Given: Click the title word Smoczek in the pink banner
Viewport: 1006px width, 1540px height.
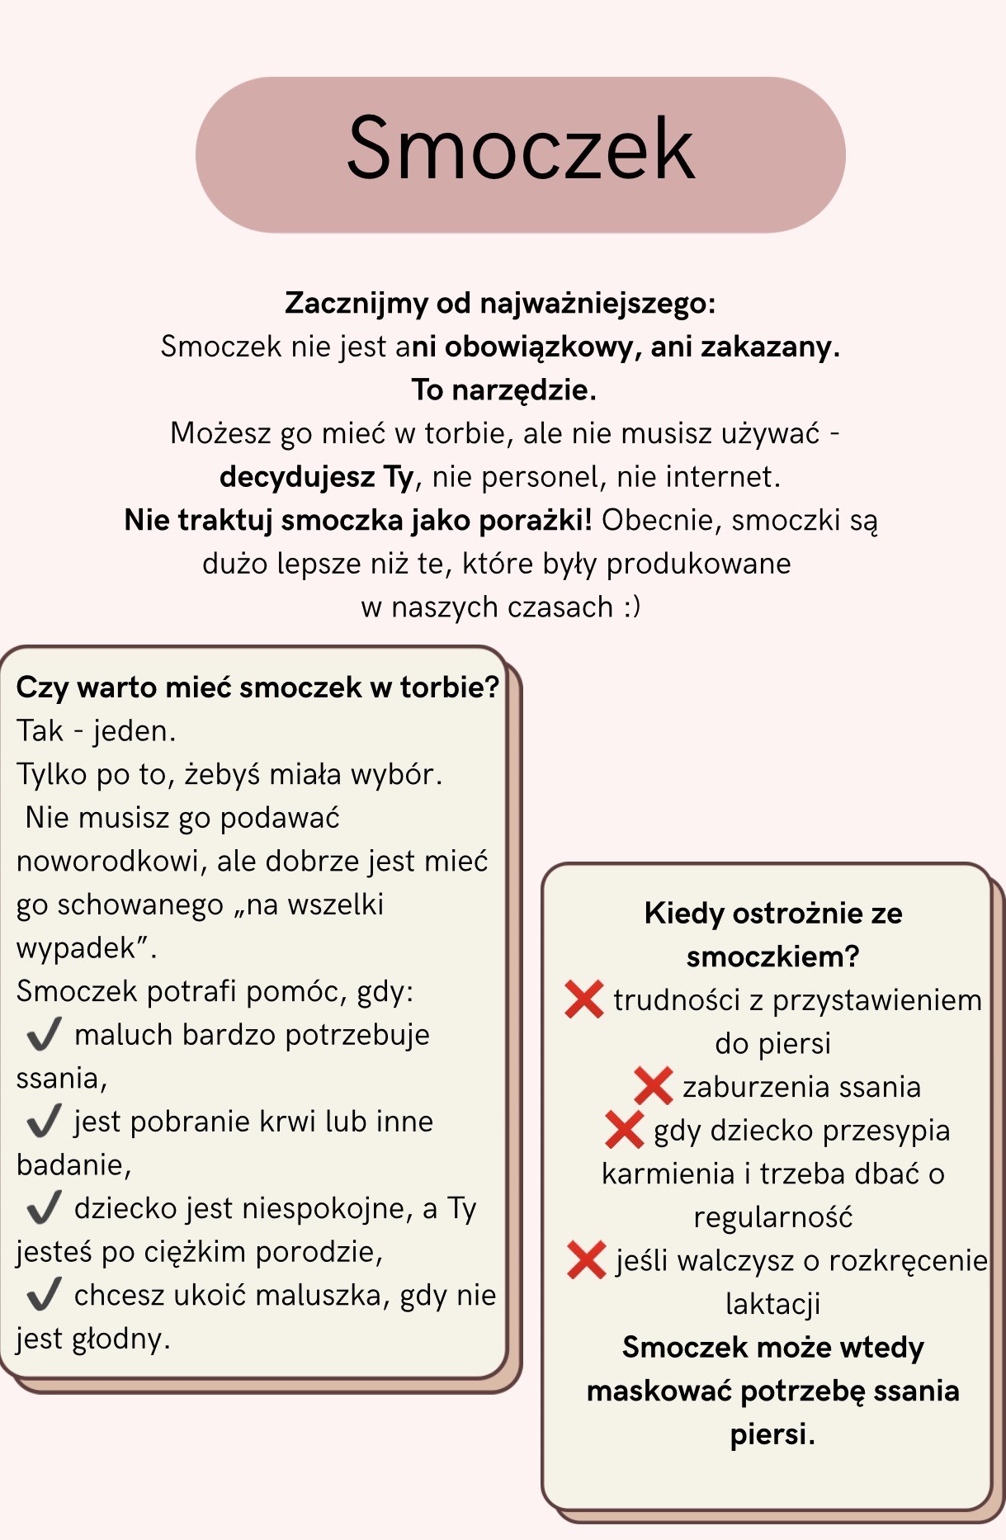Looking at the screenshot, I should [x=521, y=149].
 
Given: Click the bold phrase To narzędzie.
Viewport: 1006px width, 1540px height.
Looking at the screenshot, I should [x=503, y=390].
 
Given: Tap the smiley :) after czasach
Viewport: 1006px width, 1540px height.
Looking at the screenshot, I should [x=631, y=607].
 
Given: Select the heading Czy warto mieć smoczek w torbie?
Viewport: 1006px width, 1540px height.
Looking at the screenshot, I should [x=257, y=687].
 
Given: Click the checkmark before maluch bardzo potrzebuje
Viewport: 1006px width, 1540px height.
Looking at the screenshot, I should [x=45, y=1033].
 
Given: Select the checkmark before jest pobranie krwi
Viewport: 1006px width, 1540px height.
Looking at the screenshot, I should [x=45, y=1120].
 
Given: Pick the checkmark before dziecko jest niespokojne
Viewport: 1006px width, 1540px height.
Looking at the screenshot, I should [x=45, y=1207].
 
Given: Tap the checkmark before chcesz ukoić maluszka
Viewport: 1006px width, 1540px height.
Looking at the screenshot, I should [x=45, y=1293].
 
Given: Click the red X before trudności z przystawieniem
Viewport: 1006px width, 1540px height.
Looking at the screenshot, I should [x=584, y=999].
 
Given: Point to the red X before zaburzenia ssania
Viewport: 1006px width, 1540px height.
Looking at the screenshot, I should [x=653, y=1085].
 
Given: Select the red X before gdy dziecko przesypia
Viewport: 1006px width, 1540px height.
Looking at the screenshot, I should [x=624, y=1129].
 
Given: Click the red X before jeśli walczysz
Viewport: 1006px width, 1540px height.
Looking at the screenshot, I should [x=587, y=1259].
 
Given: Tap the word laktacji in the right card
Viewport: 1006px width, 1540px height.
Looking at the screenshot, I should [x=772, y=1304].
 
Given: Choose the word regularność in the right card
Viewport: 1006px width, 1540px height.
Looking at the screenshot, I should [x=772, y=1217].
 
